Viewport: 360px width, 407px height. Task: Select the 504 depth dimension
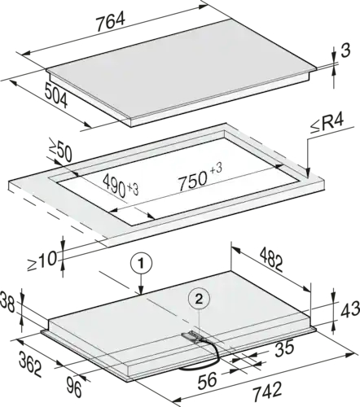56,95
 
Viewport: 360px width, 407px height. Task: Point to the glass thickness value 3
345,50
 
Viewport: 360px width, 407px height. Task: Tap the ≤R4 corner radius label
327,125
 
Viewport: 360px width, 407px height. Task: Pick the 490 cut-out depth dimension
121,186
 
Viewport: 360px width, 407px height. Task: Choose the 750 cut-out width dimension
200,177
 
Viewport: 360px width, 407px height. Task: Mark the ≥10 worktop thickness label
42,261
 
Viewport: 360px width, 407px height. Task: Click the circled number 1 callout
141,264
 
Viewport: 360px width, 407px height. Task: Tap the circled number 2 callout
199,300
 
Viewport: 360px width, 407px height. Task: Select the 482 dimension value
270,260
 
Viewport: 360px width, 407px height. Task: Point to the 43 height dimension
350,309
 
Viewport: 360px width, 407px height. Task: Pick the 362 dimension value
30,364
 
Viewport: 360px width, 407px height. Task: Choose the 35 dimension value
284,348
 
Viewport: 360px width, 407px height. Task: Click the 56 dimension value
207,379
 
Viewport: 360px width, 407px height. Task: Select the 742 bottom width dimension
267,391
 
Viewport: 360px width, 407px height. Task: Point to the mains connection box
191,336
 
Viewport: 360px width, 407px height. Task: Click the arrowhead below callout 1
141,291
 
